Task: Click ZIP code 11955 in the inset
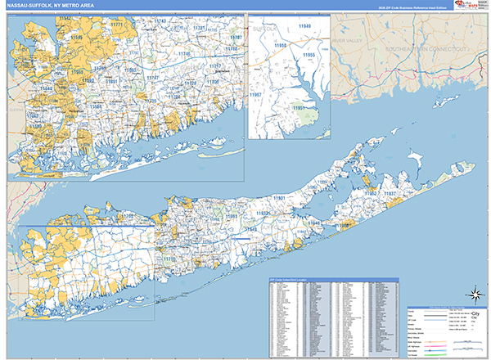pyautogui.click(x=309, y=54)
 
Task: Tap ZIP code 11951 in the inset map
pyautogui.click(x=300, y=107)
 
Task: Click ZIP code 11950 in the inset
pyautogui.click(x=281, y=46)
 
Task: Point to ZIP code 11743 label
pyautogui.click(x=160, y=20)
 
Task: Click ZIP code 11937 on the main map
pyautogui.click(x=390, y=194)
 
